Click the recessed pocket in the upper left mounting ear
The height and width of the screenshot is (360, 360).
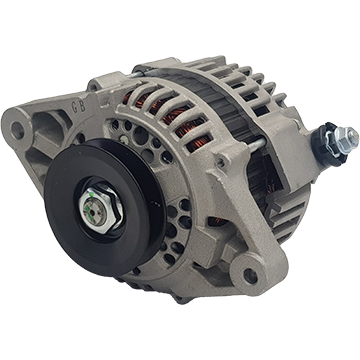(x=64, y=127)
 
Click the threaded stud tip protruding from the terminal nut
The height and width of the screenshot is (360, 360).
(x=352, y=135)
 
